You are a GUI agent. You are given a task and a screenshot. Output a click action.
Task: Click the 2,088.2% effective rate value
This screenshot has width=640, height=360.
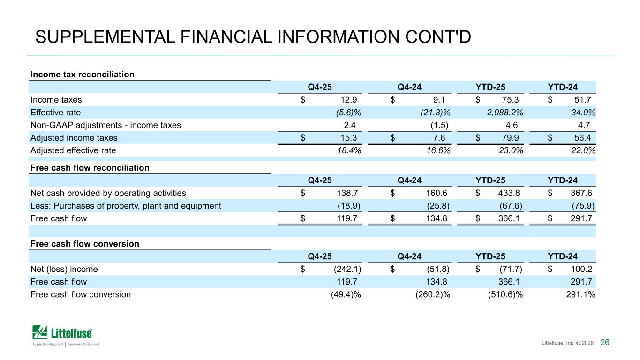[505, 112]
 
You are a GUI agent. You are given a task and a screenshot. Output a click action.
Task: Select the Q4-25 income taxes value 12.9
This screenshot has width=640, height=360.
[348, 100]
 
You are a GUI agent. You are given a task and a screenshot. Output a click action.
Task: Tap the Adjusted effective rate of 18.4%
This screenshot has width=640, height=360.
[349, 150]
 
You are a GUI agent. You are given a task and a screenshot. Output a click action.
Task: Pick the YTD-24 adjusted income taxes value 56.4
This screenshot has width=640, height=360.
[583, 138]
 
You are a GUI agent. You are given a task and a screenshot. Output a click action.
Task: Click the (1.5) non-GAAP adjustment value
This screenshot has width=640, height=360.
[439, 125]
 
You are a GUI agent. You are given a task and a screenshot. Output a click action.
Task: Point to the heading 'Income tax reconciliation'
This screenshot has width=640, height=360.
[83, 74]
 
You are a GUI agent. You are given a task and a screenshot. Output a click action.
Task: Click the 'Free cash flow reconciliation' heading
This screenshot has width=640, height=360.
[90, 168]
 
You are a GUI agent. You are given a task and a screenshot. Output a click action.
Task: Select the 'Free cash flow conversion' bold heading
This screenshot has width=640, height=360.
[84, 244]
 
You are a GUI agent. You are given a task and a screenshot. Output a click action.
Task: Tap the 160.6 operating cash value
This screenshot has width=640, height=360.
[437, 193]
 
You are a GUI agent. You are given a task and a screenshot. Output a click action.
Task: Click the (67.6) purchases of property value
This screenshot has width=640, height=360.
[511, 206]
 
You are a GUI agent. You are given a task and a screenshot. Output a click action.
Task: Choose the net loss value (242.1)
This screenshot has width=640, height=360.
[347, 269]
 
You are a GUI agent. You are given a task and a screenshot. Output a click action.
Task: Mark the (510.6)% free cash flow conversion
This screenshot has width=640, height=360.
[505, 294]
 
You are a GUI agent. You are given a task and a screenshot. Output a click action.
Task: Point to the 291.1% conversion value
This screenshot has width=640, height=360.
[580, 294]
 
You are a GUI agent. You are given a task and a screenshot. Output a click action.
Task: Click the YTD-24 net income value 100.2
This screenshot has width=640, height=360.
[581, 269]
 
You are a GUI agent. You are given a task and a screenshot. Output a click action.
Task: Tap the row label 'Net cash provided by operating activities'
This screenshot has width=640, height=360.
[108, 193]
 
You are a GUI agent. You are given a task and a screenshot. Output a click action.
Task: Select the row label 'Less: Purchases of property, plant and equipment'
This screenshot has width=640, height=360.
[126, 206]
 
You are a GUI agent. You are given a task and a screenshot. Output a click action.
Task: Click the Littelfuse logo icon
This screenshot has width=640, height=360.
[39, 332]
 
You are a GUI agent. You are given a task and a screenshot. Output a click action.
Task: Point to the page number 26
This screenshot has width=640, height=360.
[605, 342]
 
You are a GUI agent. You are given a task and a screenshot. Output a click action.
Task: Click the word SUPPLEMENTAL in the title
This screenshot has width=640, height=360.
[105, 37]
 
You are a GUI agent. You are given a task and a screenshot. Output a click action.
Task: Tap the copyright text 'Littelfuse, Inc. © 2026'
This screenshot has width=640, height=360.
[567, 343]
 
